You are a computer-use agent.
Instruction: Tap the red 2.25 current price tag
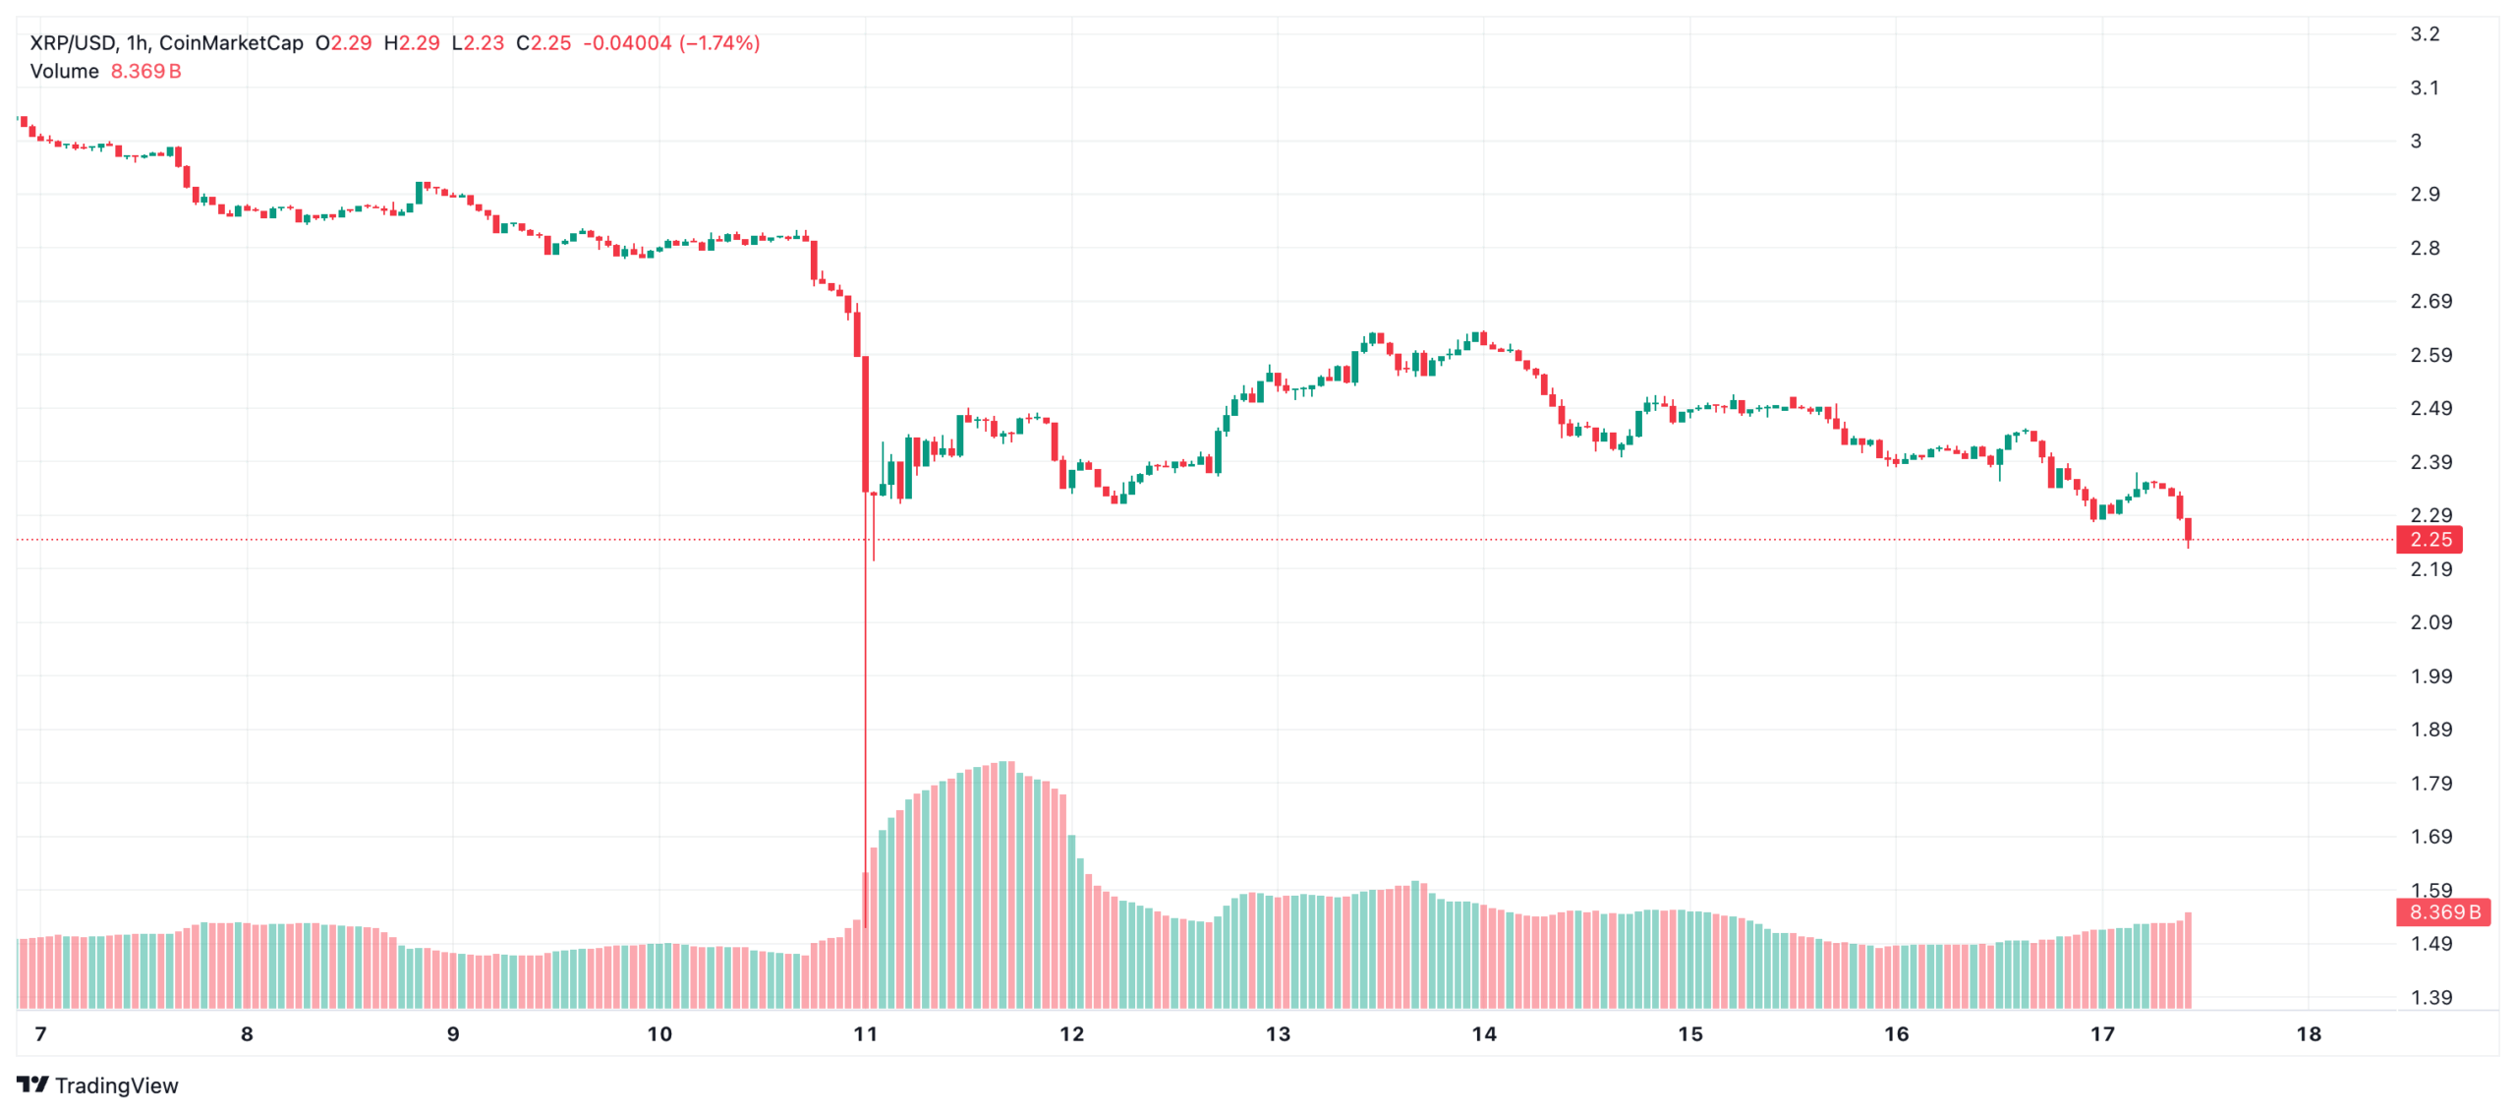click(x=2430, y=540)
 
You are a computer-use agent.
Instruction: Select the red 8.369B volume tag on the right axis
click(x=2442, y=912)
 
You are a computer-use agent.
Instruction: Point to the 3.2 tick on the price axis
click(x=2424, y=34)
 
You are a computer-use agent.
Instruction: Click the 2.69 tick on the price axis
click(x=2430, y=302)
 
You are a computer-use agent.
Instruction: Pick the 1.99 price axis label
click(x=2430, y=676)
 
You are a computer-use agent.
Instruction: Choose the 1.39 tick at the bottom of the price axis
click(x=2430, y=998)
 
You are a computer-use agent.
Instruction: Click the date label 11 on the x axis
click(x=865, y=1034)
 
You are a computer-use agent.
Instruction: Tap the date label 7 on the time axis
click(x=40, y=1034)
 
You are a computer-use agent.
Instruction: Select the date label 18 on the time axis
click(x=2308, y=1034)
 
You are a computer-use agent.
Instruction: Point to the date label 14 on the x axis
click(x=1483, y=1034)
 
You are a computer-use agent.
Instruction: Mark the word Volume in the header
click(x=64, y=72)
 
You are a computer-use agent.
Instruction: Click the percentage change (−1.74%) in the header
click(x=719, y=43)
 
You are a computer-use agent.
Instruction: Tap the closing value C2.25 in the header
click(x=543, y=43)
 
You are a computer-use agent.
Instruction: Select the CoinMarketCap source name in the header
click(x=231, y=43)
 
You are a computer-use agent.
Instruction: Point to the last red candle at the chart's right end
click(x=2188, y=529)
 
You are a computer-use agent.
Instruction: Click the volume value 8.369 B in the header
click(x=145, y=72)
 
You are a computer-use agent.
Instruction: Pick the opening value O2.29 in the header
click(x=343, y=43)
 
